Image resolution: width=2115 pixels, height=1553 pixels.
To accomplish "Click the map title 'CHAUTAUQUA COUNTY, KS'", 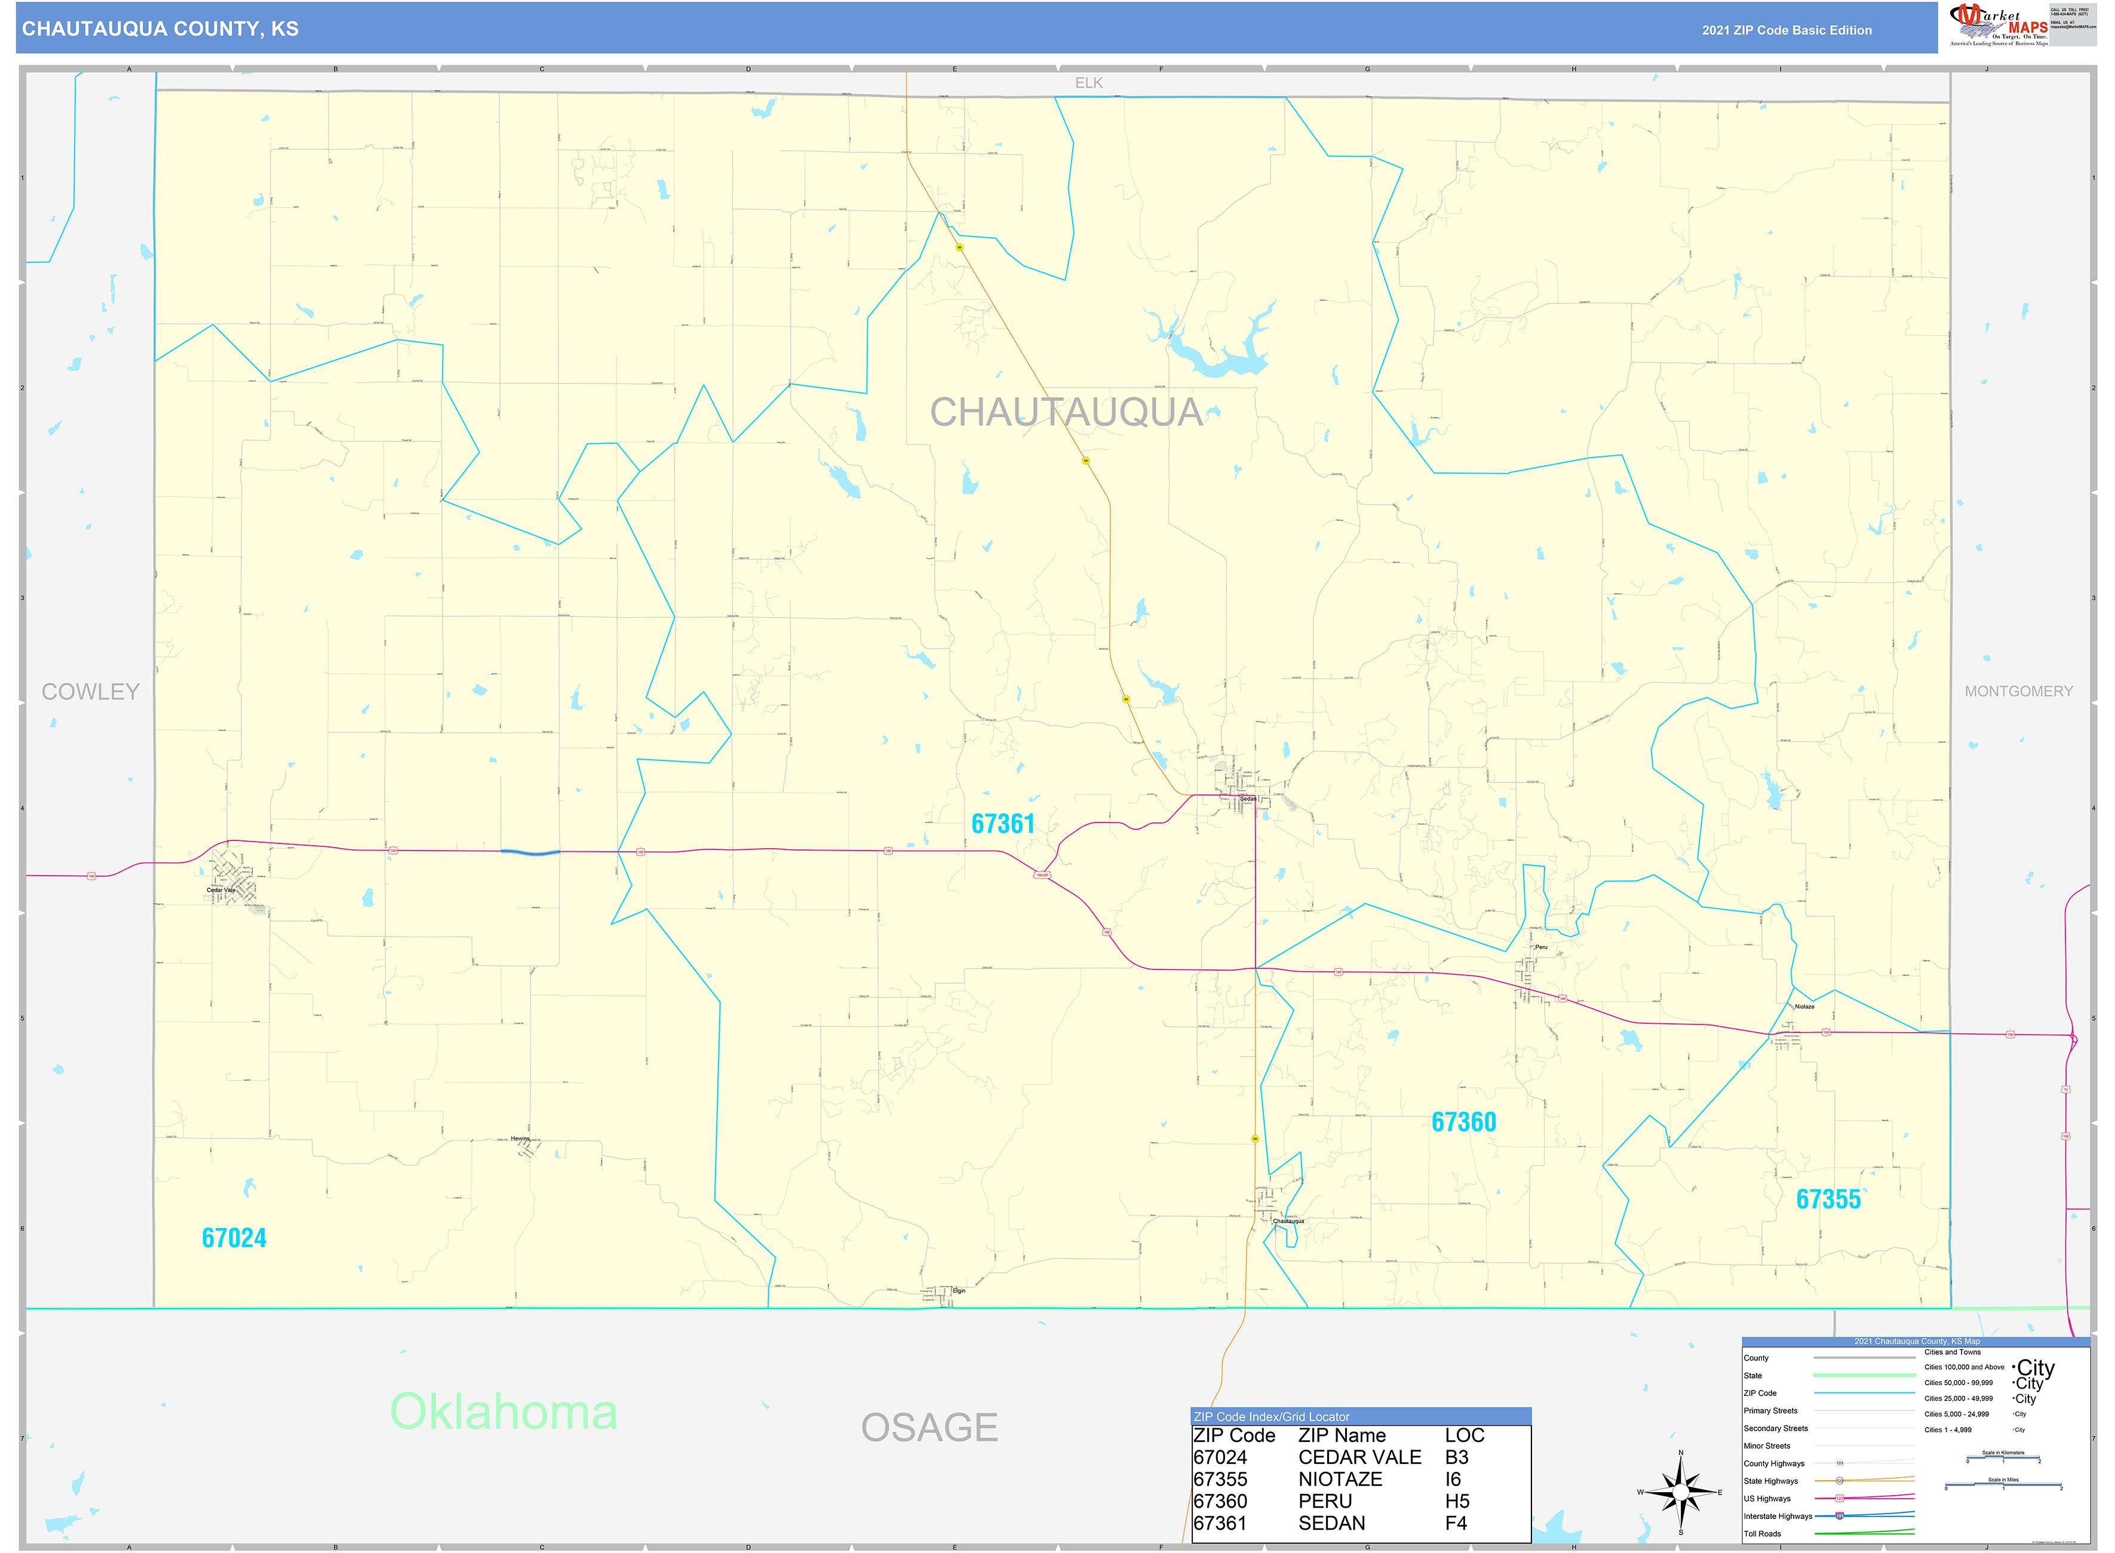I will click(x=161, y=29).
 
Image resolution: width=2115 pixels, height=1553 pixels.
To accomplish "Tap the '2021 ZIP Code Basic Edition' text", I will click(x=1786, y=30).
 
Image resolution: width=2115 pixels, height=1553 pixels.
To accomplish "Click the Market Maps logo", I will click(x=1997, y=24).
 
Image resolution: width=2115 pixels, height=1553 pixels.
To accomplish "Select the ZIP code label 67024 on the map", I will click(x=234, y=1238).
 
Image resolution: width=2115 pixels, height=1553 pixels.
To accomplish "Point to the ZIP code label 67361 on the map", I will click(x=1002, y=824).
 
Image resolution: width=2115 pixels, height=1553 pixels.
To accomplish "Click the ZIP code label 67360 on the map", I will click(x=1463, y=1122).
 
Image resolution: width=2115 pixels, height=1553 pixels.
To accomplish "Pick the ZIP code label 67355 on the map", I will click(x=1828, y=1199).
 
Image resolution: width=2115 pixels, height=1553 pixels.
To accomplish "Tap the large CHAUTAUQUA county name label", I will click(x=1066, y=413).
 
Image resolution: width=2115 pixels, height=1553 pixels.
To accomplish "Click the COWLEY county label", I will click(x=90, y=692).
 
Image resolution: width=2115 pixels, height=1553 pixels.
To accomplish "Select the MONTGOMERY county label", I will click(x=2018, y=692).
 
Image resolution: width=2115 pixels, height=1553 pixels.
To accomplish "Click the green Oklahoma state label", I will click(x=504, y=1412).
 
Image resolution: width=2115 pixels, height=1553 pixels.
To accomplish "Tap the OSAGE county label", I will click(x=929, y=1428).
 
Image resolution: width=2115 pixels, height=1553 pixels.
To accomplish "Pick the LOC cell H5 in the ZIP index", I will click(x=1457, y=1501).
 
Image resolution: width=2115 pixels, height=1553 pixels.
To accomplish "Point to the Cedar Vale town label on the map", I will click(x=221, y=890).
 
